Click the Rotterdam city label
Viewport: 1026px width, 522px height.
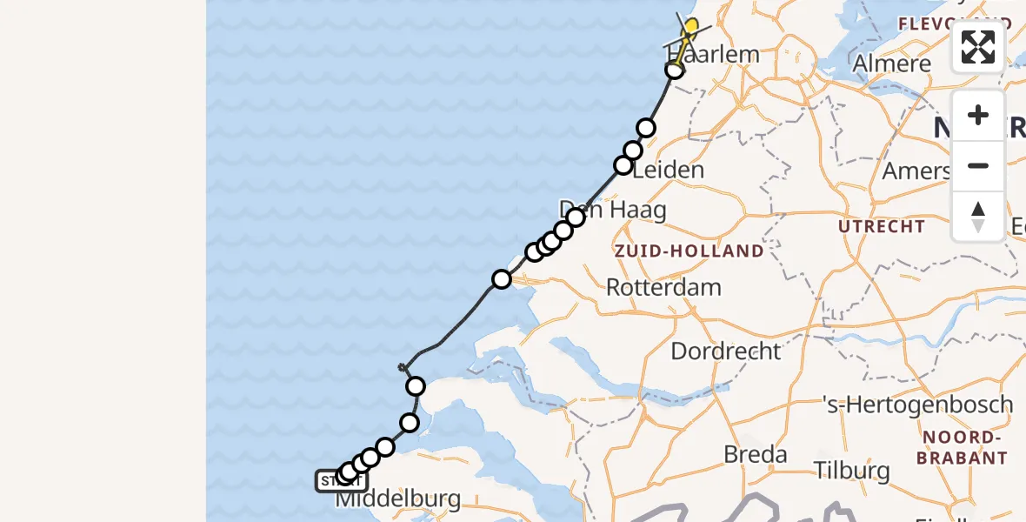click(x=663, y=287)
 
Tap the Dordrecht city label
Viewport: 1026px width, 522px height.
click(x=726, y=351)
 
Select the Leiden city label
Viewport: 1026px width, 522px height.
click(x=668, y=170)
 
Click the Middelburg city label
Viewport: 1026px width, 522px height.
click(x=397, y=499)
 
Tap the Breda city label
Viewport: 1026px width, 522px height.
click(x=755, y=454)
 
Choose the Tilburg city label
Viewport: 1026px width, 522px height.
click(x=852, y=471)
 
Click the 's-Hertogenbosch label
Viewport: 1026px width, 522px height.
click(x=918, y=405)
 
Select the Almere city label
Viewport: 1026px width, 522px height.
click(x=891, y=64)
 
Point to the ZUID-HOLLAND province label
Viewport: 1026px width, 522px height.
click(x=689, y=251)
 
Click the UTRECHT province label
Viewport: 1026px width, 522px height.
click(x=882, y=226)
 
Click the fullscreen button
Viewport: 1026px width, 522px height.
click(x=978, y=46)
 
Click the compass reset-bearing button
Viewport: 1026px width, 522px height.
click(x=978, y=217)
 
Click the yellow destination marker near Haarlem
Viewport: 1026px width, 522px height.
click(x=690, y=29)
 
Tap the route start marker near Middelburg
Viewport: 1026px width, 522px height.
click(x=341, y=480)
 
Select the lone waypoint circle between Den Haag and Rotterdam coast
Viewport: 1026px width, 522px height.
click(x=502, y=279)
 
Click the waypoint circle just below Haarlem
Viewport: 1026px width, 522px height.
click(x=675, y=70)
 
